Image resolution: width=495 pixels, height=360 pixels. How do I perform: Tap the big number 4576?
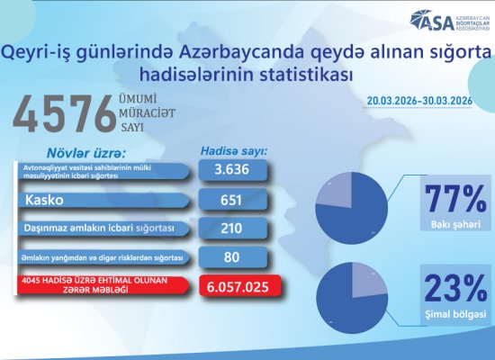coord(68,114)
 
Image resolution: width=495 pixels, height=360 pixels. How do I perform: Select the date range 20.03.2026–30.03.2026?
coord(418,102)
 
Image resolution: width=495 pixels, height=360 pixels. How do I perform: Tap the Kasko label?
coord(42,199)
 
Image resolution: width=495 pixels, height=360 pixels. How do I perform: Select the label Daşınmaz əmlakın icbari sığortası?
coord(98,229)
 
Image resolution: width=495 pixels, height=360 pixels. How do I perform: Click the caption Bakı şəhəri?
coord(454,222)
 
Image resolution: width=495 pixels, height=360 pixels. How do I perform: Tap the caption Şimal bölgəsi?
coord(454,314)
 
